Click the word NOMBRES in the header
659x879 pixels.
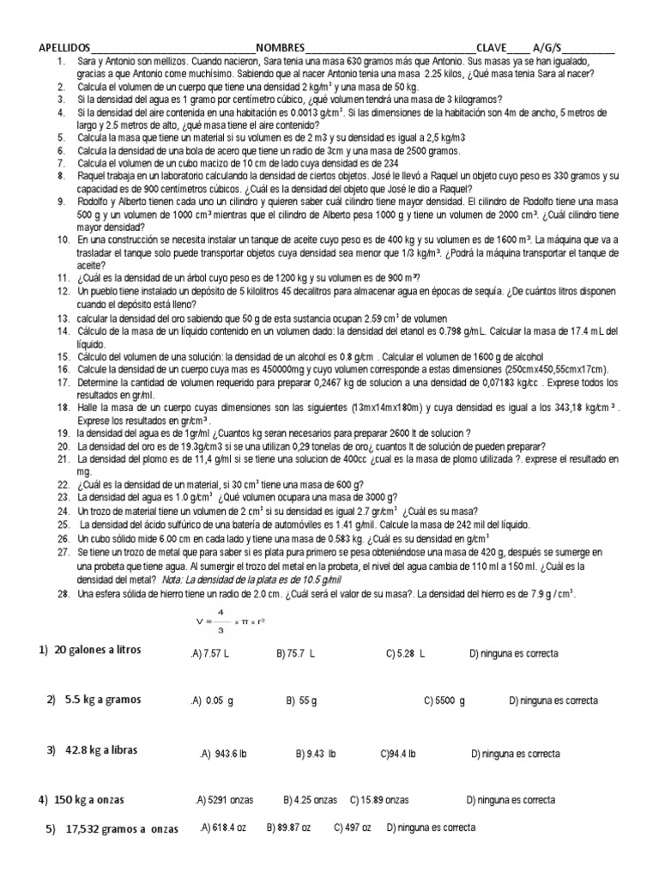[x=280, y=48]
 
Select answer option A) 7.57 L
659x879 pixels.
[x=211, y=654]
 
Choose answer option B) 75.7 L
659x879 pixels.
[x=296, y=654]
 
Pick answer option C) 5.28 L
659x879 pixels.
[x=406, y=654]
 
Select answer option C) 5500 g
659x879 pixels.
[x=444, y=701]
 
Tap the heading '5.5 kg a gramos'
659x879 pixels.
[x=95, y=700]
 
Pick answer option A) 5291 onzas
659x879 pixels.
[x=225, y=800]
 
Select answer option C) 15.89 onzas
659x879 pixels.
[x=379, y=800]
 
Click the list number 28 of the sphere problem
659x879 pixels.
[x=63, y=593]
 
